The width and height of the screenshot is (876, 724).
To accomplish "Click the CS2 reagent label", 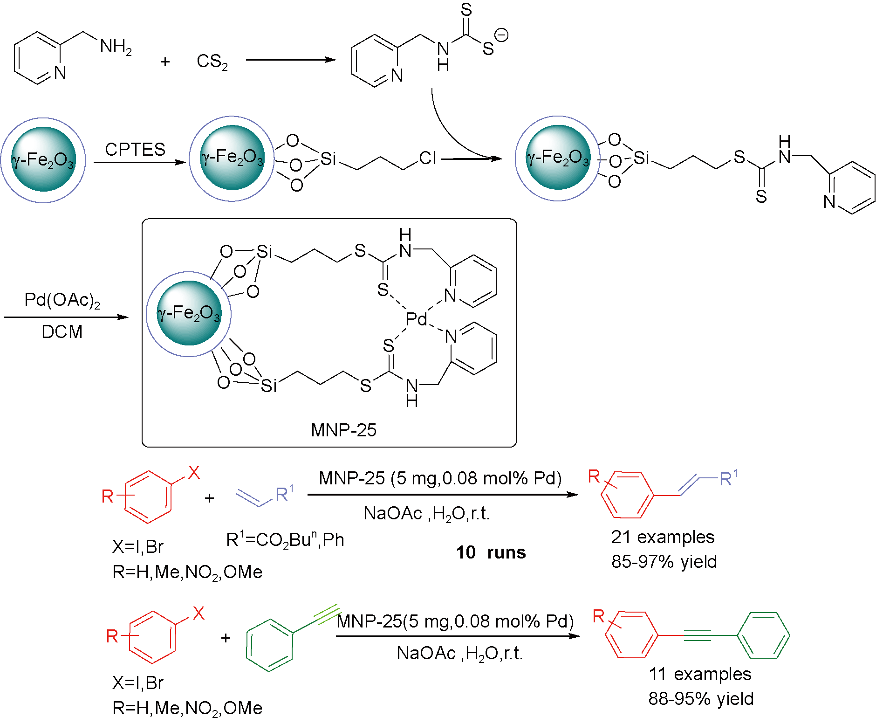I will [212, 61].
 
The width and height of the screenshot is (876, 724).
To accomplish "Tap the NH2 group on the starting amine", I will [116, 46].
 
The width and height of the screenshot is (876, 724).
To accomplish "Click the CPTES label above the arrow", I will [135, 149].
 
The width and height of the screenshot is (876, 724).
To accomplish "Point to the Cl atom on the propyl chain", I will [427, 158].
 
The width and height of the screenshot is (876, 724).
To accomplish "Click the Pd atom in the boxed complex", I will [416, 319].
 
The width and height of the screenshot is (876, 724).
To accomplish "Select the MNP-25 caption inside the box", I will [343, 430].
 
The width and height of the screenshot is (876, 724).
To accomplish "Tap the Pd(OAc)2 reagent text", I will [62, 300].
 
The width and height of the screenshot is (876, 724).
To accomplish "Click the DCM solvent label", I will [62, 332].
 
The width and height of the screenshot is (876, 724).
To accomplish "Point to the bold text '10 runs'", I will [491, 552].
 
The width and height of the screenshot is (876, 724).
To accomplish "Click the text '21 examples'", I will [663, 537].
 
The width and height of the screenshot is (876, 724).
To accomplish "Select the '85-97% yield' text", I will [664, 562].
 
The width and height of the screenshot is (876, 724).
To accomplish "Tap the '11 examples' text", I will [700, 674].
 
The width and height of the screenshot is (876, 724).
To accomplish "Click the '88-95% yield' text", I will [701, 699].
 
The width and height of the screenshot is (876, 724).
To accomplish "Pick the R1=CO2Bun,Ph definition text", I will [285, 540].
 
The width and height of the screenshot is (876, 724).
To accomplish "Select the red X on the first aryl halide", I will [194, 473].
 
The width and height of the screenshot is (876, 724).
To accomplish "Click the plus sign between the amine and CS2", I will [165, 62].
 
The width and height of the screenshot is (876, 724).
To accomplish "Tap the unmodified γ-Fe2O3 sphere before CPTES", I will [43, 160].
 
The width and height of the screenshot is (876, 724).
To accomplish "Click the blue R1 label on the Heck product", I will [728, 478].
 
